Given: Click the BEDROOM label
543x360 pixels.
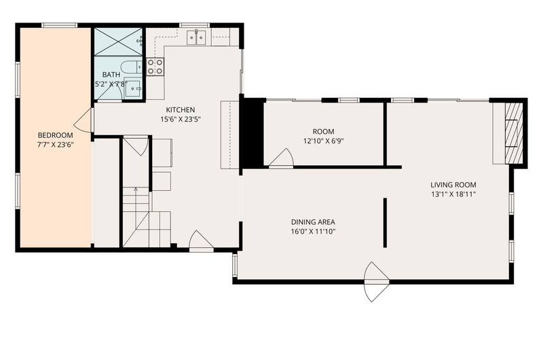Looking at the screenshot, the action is (56, 135).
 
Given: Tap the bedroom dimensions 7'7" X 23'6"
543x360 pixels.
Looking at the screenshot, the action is (56, 145).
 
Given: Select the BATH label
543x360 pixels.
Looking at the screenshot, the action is (111, 75).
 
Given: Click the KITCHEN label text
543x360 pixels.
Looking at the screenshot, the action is (181, 110).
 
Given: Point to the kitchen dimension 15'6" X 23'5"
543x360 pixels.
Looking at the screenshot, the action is (181, 120).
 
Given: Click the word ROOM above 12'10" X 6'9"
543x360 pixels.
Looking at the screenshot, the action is (324, 132).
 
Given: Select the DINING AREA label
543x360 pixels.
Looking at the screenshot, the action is (313, 222).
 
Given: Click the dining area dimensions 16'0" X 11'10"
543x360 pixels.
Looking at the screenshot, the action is (313, 232).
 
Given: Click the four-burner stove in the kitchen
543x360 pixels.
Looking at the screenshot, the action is (155, 67).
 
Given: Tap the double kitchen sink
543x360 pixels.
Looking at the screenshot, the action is (196, 37).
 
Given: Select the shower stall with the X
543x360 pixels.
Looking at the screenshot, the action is (118, 41).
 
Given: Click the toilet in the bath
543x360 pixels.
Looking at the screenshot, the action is (131, 67).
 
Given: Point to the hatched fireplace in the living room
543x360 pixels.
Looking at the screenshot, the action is (514, 133).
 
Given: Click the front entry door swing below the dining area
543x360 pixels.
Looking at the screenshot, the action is (377, 282).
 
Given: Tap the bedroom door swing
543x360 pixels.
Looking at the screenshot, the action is (83, 120).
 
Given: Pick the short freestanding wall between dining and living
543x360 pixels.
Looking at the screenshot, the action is (385, 222).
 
